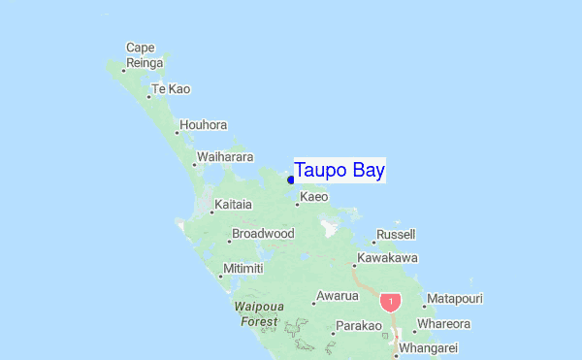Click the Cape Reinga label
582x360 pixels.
[x=141, y=54]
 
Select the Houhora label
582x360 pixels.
[x=204, y=125]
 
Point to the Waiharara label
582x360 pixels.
[x=225, y=156]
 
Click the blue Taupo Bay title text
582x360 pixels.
[x=339, y=170]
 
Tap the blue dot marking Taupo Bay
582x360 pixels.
[x=291, y=179]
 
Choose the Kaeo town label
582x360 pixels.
[x=315, y=197]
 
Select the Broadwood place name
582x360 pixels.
[x=263, y=234]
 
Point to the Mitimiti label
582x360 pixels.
[x=243, y=268]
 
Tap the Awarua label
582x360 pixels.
[x=339, y=296]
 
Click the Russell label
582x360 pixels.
[x=396, y=235]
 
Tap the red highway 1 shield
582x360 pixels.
[x=390, y=302]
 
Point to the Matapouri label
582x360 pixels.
[x=455, y=299]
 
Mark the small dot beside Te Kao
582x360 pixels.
[x=148, y=96]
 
